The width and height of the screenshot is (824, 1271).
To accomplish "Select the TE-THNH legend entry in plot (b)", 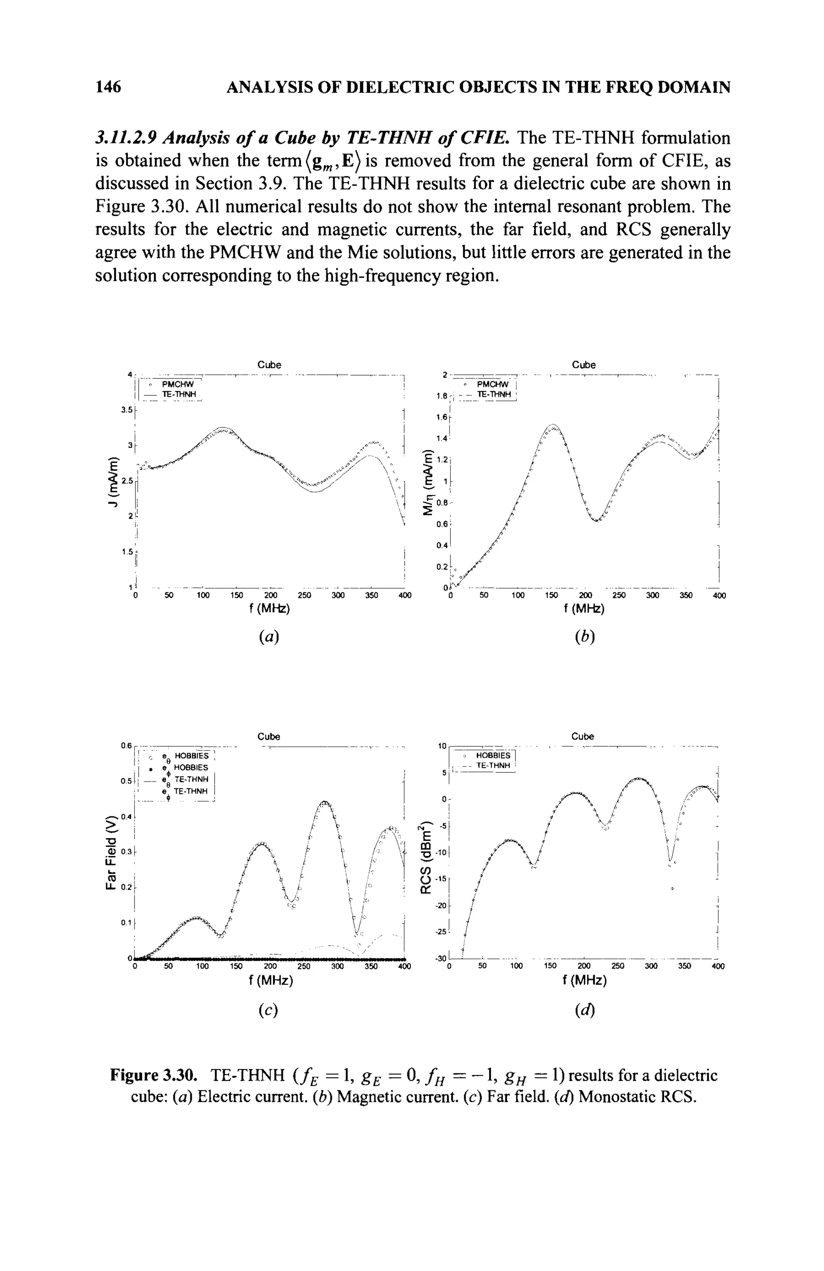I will [x=494, y=395].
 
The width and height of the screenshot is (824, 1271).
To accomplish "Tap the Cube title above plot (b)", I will [x=583, y=365].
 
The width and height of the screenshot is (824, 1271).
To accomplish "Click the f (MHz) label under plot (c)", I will [x=270, y=981].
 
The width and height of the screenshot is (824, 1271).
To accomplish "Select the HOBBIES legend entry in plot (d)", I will [x=492, y=756].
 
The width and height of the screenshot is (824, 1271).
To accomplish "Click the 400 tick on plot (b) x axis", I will [x=719, y=595].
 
